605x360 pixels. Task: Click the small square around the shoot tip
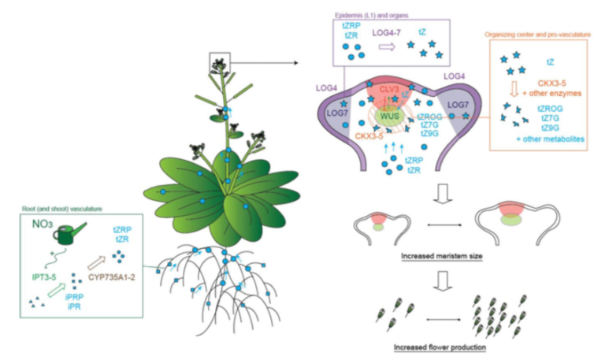coord(220,61)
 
